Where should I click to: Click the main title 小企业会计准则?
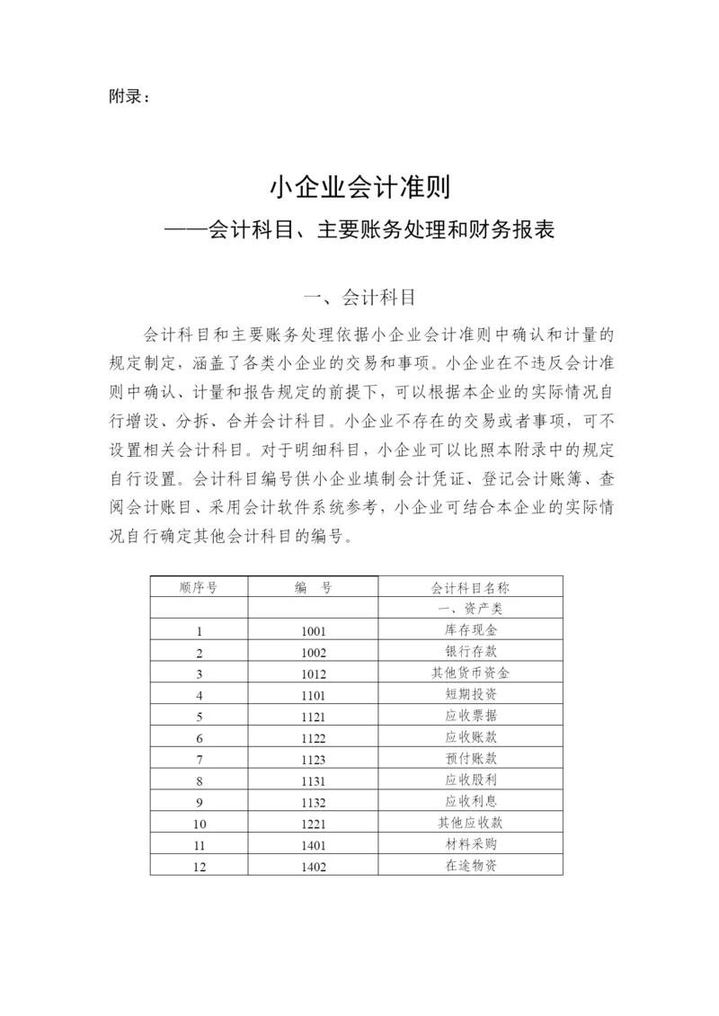coord(359,190)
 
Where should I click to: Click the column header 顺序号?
coord(199,587)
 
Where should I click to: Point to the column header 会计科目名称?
coord(471,587)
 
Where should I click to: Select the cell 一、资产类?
coord(471,609)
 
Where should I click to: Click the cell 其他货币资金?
coord(471,673)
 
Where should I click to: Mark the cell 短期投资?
coord(471,695)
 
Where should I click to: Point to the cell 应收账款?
coord(471,738)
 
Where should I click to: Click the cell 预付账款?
coord(471,760)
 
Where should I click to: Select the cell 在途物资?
coord(471,866)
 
